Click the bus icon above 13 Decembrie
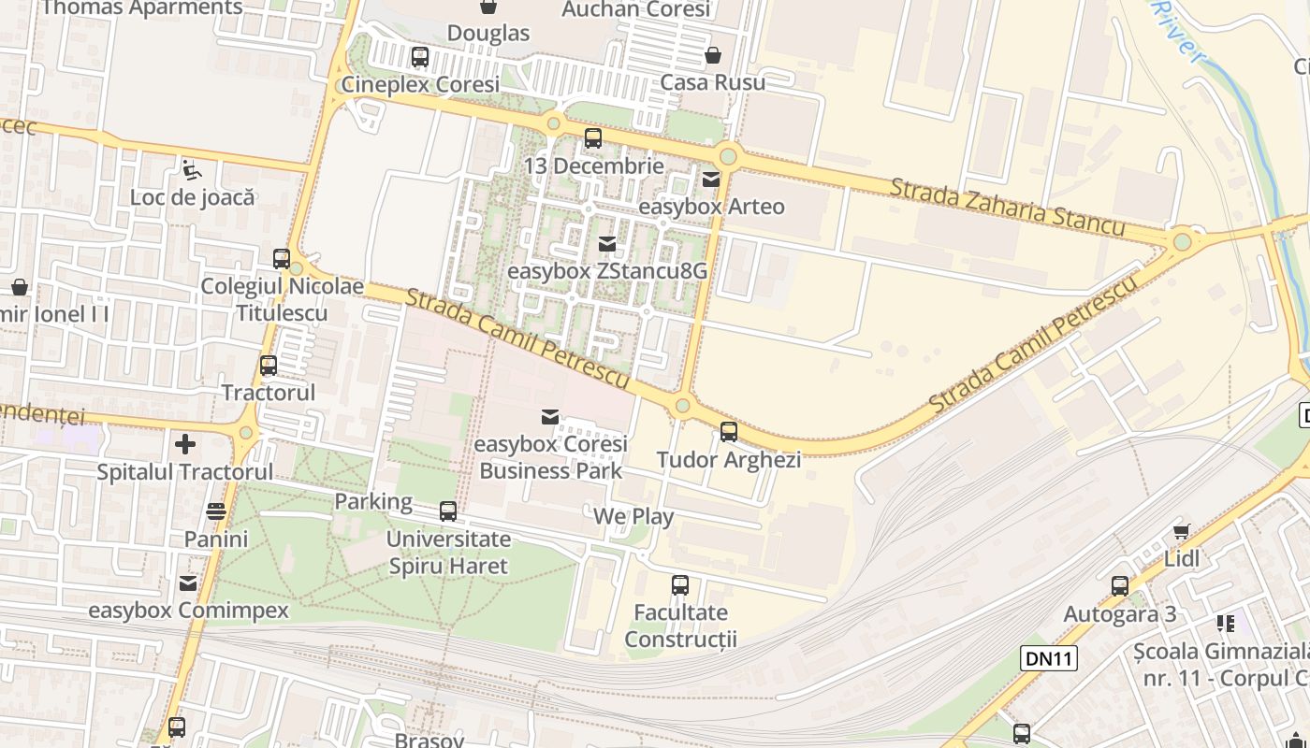click(593, 139)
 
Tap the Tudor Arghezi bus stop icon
click(729, 432)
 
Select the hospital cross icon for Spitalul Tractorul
click(185, 444)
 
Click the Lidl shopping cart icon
click(1182, 531)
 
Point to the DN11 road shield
click(1048, 658)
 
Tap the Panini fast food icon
click(216, 511)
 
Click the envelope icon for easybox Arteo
click(711, 180)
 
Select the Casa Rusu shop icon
click(713, 55)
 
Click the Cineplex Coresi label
click(420, 84)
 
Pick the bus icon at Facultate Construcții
click(680, 585)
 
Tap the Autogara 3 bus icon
click(1120, 586)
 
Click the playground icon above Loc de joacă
click(192, 170)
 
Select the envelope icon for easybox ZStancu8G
click(607, 244)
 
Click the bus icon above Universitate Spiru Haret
click(448, 511)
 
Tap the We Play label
click(633, 516)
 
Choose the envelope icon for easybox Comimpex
click(188, 583)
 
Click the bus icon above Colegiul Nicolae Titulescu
click(282, 259)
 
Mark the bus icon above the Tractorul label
click(269, 366)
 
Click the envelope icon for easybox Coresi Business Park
click(550, 416)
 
